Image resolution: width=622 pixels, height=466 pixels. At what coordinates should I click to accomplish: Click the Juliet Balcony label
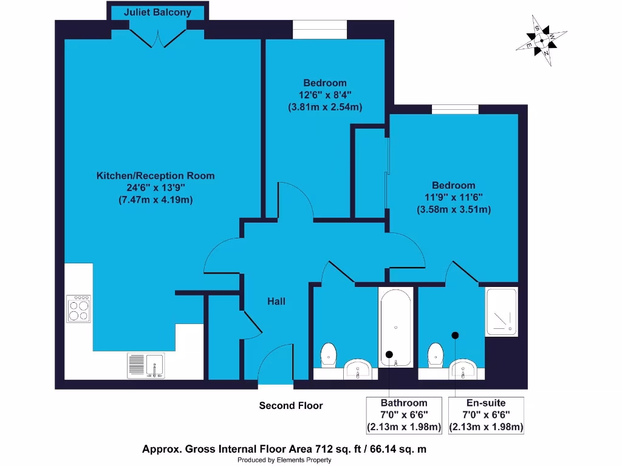[x=157, y=12]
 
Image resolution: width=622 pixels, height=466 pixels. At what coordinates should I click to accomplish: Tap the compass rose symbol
[x=541, y=41]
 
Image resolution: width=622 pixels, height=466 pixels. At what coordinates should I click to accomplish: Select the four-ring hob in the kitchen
[x=78, y=309]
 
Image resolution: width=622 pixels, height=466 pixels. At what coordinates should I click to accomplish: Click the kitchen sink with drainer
[x=146, y=365]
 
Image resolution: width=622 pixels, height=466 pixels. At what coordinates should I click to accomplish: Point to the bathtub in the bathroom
[x=396, y=327]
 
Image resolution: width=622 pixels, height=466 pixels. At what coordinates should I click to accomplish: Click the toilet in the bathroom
[x=329, y=354]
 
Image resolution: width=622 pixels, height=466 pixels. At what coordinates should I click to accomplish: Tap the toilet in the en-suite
[x=436, y=354]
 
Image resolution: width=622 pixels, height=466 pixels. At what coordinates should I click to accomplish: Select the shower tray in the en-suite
[x=501, y=312]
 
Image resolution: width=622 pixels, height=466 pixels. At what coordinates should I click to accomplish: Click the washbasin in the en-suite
[x=463, y=369]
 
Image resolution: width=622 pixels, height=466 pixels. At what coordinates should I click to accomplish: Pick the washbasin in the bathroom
[x=358, y=369]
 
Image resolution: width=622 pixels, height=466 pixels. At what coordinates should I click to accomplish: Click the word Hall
[x=276, y=302]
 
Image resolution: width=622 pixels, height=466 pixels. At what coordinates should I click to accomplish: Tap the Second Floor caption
[x=291, y=405]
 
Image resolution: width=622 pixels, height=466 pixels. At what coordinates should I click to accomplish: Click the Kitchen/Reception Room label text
[x=155, y=175]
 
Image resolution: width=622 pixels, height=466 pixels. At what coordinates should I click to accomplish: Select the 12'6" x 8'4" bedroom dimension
[x=325, y=95]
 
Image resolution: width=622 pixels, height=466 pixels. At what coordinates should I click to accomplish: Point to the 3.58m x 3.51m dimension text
[x=454, y=209]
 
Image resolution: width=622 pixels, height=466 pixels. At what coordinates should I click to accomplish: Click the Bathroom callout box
[x=404, y=415]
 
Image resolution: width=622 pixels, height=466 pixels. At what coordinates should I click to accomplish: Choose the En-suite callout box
[x=486, y=415]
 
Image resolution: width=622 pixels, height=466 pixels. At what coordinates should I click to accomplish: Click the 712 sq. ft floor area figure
[x=338, y=450]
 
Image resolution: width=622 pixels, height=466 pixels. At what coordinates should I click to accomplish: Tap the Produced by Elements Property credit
[x=284, y=460]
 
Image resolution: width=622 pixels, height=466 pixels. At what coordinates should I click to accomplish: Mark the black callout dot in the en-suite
[x=455, y=335]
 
